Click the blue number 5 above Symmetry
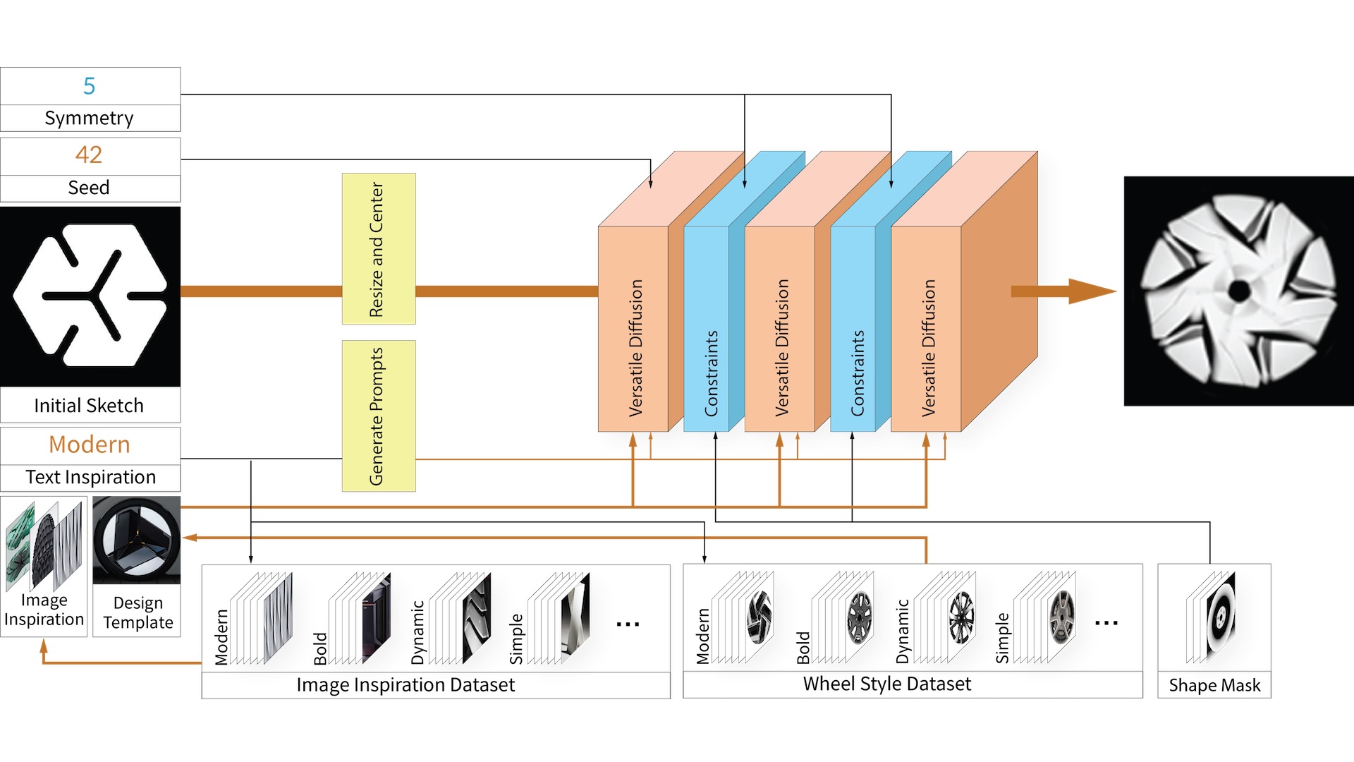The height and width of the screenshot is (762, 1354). click(89, 86)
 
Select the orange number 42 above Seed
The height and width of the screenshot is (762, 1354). click(89, 155)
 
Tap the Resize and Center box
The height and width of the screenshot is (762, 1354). click(379, 249)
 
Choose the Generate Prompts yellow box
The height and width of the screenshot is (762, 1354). click(379, 416)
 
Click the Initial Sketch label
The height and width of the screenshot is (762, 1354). click(89, 406)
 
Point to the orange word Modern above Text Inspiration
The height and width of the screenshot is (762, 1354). click(90, 445)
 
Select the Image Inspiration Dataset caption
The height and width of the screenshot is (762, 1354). click(405, 685)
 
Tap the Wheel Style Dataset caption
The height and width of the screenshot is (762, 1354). click(887, 684)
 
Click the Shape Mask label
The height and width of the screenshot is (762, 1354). click(1214, 685)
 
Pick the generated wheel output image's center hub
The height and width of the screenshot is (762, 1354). click(1239, 291)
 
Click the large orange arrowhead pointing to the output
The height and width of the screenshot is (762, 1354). click(1090, 291)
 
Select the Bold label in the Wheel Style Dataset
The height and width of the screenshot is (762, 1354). click(803, 648)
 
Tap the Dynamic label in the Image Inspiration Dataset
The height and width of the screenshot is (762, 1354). click(418, 632)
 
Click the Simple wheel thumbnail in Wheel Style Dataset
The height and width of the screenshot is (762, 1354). click(1061, 617)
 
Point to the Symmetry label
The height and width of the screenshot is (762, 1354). click(89, 118)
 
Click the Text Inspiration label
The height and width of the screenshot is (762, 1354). click(90, 477)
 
